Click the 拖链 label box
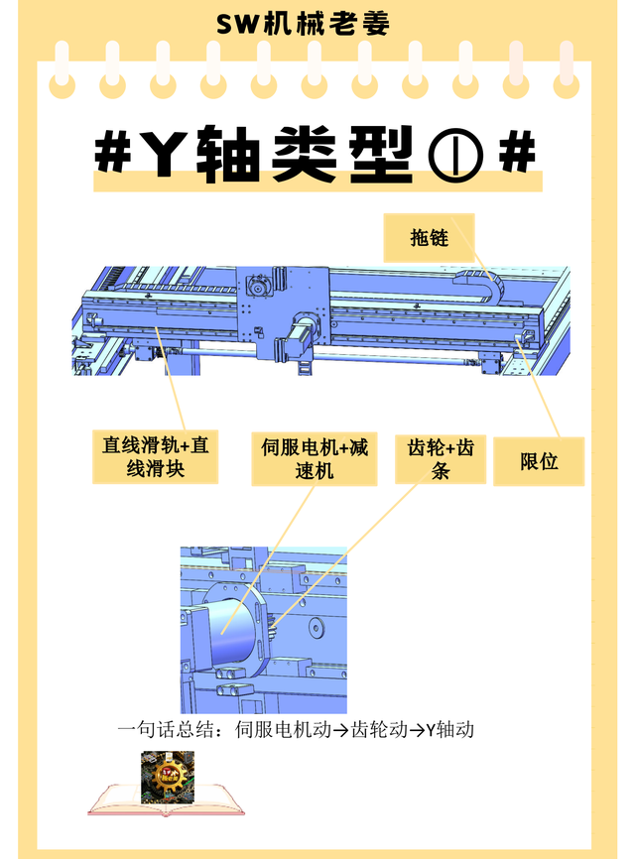pos(429,238)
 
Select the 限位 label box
pos(539,460)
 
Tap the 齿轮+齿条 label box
pos(441,459)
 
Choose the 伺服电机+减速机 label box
pos(314,459)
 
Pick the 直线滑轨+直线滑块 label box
pos(155,457)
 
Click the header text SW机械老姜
pos(303,24)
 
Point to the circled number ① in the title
pos(456,155)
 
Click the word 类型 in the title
pos(341,154)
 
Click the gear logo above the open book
pos(168,778)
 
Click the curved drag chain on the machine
pos(482,282)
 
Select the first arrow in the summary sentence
pos(340,730)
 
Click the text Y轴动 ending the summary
pos(449,730)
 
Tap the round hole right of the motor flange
pos(316,626)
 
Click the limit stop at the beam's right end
pos(527,337)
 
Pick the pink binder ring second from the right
pos(516,70)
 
